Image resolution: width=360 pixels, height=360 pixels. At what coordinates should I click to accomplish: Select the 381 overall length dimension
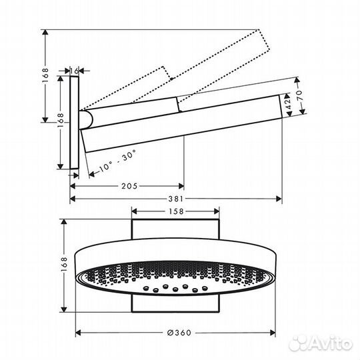coord(175,199)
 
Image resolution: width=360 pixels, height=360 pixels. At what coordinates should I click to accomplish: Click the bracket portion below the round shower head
coord(175,303)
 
